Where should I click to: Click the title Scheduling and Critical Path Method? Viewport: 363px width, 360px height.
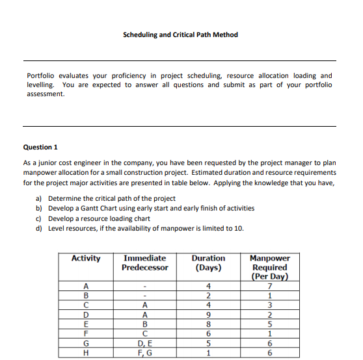(x=180, y=34)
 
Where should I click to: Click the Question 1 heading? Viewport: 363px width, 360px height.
(x=42, y=147)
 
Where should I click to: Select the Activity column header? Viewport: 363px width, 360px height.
(x=86, y=259)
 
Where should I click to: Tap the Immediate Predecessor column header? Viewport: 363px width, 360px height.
(x=144, y=263)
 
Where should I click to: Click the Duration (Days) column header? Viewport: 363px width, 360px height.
(x=208, y=263)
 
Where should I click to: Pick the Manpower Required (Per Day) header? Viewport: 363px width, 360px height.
(x=269, y=267)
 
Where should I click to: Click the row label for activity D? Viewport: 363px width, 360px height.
(x=86, y=316)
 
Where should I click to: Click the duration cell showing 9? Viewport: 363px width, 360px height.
(x=208, y=316)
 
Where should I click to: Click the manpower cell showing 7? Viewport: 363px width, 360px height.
(x=269, y=287)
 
